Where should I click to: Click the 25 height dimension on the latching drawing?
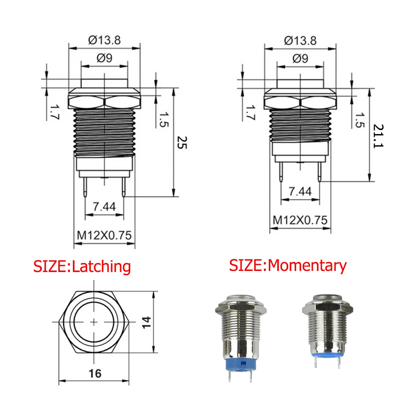[182, 143]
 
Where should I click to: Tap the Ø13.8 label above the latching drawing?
[104, 40]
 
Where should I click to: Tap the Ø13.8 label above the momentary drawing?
[300, 41]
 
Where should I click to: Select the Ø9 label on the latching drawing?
[104, 58]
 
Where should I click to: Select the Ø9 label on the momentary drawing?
[300, 59]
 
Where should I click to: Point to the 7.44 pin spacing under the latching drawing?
[104, 207]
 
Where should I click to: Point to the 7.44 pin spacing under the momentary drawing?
[300, 191]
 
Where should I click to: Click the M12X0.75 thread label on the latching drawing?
[104, 235]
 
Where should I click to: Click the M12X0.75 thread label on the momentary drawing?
[300, 220]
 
